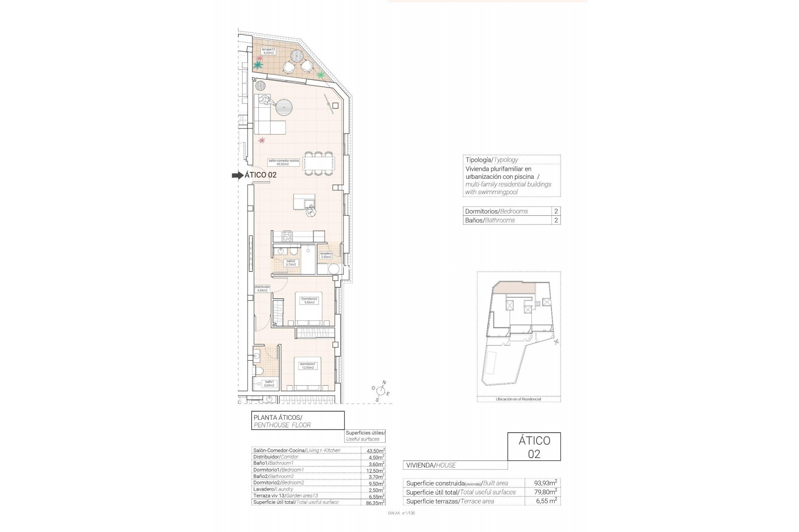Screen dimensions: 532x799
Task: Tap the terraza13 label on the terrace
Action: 268,51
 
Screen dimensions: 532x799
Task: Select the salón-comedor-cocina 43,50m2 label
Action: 283,162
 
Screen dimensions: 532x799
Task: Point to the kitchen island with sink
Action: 304,202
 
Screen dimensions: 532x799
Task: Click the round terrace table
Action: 297,56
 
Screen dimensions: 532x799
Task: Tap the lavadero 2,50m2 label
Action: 326,255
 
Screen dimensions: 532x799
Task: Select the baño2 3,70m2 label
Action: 290,263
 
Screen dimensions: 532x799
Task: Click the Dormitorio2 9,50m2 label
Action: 309,300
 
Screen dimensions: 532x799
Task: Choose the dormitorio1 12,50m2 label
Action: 308,366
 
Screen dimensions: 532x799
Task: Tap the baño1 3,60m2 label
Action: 269,384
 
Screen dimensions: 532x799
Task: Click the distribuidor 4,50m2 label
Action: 262,288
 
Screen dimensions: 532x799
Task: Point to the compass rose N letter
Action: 384,382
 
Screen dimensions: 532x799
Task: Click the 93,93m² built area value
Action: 545,483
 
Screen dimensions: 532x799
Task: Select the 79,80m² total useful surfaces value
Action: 545,492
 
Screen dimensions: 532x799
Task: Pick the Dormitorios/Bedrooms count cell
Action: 556,211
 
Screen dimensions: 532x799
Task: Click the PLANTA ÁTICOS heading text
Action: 278,417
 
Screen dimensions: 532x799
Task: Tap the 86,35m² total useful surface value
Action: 373,502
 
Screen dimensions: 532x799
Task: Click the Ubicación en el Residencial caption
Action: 518,399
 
